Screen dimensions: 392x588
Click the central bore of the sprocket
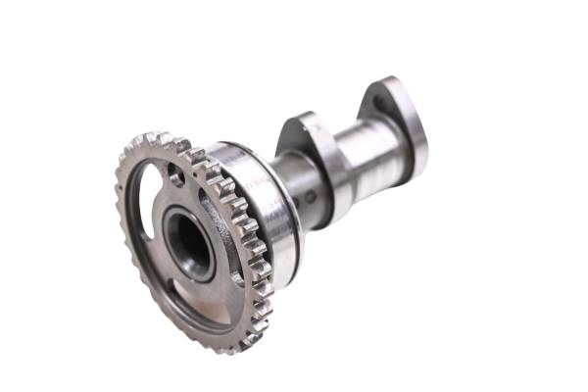pos(188,242)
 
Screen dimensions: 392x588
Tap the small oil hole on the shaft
pos(311,196)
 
